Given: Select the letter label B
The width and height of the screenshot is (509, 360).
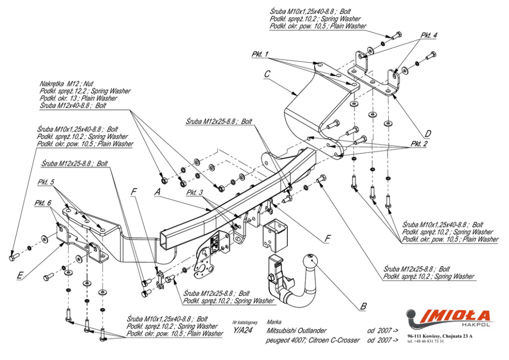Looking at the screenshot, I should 363,307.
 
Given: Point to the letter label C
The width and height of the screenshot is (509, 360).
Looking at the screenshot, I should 267,74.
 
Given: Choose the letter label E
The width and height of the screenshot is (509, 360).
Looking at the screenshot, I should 19,275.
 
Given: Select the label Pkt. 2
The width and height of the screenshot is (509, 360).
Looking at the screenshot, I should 419,144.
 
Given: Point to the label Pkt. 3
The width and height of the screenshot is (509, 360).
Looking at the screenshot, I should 195,192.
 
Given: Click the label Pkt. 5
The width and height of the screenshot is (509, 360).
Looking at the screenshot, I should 46,182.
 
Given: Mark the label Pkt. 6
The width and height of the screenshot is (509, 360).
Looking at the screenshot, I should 43,203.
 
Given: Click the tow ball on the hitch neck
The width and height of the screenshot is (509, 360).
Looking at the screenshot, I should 310,261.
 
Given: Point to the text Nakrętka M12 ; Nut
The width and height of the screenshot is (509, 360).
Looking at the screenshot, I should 67,84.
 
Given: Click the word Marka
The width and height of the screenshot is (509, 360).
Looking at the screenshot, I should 274,322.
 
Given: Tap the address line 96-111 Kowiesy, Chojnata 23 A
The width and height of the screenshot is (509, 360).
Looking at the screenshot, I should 440,336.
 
